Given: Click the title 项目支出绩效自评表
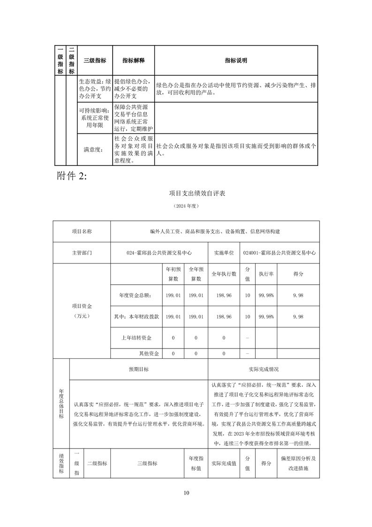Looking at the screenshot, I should [186, 193].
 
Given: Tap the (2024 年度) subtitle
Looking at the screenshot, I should [186, 206].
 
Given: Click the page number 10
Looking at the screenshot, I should [186, 493].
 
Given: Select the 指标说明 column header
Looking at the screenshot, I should [236, 61].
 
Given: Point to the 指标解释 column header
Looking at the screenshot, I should [134, 61].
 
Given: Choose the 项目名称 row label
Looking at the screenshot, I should [82, 231].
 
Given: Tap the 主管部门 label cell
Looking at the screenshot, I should [82, 252].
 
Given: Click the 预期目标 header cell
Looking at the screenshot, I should [139, 369].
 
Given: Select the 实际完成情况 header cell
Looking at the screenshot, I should [264, 369].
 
